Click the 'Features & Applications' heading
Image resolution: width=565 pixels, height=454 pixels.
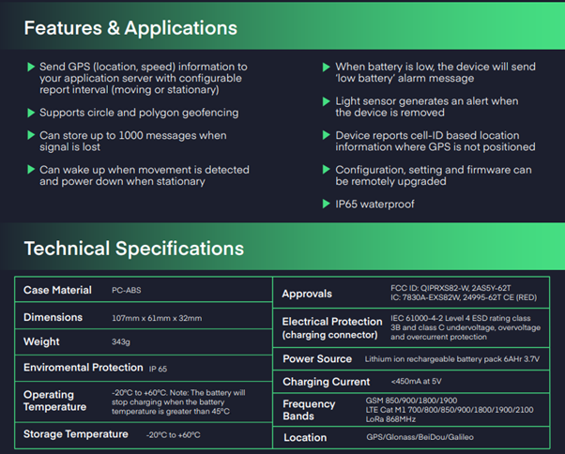click(x=130, y=28)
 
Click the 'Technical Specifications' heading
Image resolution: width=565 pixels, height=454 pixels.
click(x=133, y=249)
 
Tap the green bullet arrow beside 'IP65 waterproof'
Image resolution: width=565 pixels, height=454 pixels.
click(x=326, y=204)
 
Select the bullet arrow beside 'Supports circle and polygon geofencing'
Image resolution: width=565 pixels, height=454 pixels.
click(x=31, y=113)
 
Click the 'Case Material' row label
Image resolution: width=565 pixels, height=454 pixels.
click(x=57, y=290)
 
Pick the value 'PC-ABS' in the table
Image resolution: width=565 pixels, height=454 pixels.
click(x=126, y=290)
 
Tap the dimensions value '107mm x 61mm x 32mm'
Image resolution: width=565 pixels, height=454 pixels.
click(x=157, y=318)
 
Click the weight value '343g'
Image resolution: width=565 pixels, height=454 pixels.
click(x=121, y=341)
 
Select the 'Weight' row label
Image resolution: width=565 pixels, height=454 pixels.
click(x=41, y=341)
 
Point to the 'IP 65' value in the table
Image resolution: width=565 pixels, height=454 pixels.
click(x=158, y=369)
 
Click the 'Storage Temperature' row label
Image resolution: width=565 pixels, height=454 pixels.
click(x=76, y=434)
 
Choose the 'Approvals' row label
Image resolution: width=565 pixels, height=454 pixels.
click(x=307, y=294)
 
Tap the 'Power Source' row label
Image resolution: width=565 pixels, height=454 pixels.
click(x=317, y=359)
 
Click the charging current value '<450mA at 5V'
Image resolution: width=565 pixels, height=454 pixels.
click(x=416, y=381)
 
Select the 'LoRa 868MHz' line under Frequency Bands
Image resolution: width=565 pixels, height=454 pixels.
click(x=390, y=419)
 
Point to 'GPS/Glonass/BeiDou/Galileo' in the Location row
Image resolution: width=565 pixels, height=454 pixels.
click(x=420, y=437)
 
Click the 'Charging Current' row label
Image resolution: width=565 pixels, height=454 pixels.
click(x=326, y=382)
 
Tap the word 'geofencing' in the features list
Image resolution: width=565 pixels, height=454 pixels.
click(x=210, y=113)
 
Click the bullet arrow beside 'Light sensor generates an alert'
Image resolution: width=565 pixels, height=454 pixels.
click(x=326, y=101)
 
